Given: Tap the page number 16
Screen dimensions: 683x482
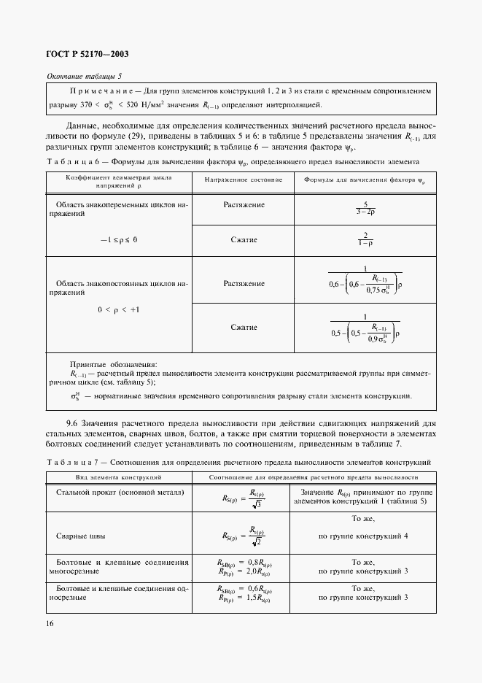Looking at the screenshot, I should point(50,623).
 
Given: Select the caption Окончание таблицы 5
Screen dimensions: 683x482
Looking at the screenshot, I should point(85,77).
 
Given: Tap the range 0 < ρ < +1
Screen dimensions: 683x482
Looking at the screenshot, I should point(118,309).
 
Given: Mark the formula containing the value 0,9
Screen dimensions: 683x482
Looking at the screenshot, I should point(365,328).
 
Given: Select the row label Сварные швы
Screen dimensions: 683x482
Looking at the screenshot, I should point(80,536).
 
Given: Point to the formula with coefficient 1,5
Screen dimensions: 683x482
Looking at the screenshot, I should point(244,599).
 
